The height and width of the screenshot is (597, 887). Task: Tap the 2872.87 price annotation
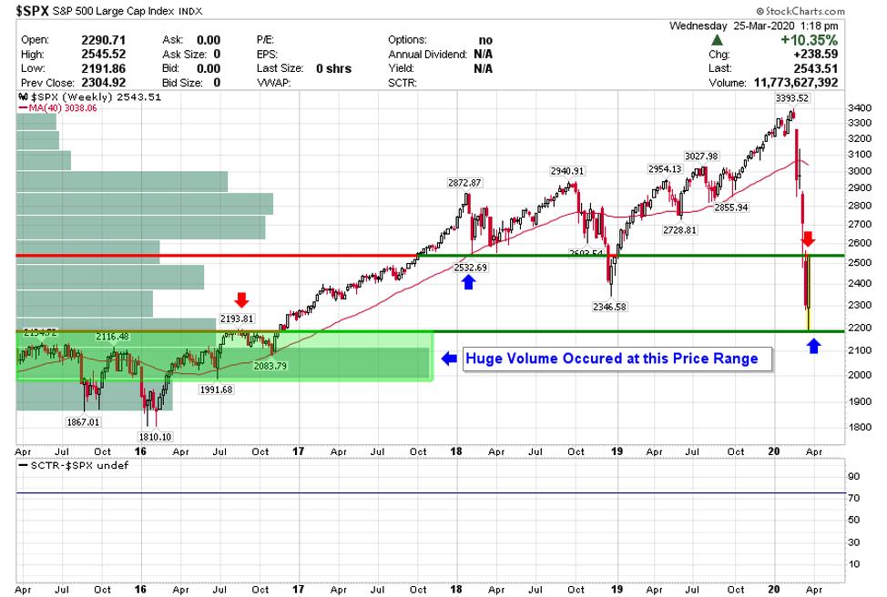tap(464, 182)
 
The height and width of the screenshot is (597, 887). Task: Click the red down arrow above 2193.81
tap(240, 300)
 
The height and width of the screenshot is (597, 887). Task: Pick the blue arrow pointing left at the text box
tap(449, 359)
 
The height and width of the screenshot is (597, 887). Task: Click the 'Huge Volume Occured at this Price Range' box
tap(612, 359)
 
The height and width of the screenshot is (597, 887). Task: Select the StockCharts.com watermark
tap(837, 10)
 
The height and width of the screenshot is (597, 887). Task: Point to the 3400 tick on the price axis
tap(860, 108)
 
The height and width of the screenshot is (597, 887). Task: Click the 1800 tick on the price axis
tap(860, 428)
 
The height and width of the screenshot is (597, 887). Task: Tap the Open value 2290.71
tap(101, 41)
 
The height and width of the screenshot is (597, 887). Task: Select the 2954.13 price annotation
tap(664, 168)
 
